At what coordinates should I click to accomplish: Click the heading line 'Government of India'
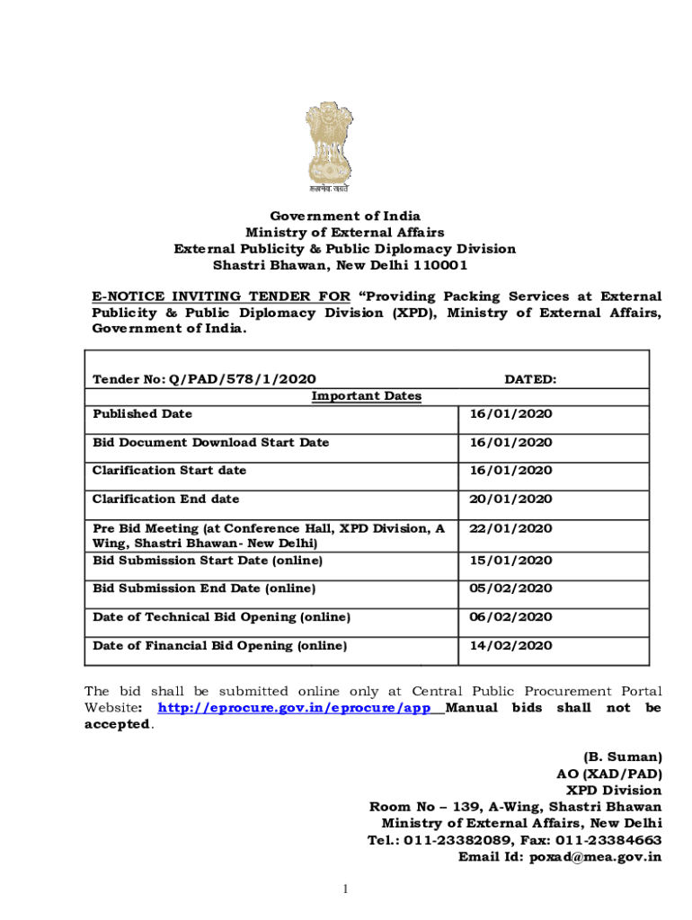(345, 216)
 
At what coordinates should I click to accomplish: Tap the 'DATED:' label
(529, 380)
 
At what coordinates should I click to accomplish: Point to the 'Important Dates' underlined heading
(366, 396)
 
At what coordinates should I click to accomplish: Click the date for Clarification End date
(510, 499)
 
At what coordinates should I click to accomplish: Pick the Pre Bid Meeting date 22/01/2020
(510, 528)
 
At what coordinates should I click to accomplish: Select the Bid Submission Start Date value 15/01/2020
(510, 561)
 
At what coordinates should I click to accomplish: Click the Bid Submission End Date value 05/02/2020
(510, 588)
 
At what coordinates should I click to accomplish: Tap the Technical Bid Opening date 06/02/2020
(510, 617)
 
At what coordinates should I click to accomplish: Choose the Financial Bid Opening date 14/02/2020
(510, 646)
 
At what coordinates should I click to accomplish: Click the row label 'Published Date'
(142, 414)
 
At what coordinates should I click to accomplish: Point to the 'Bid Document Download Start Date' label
(210, 442)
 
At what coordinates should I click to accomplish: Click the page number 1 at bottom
(345, 889)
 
